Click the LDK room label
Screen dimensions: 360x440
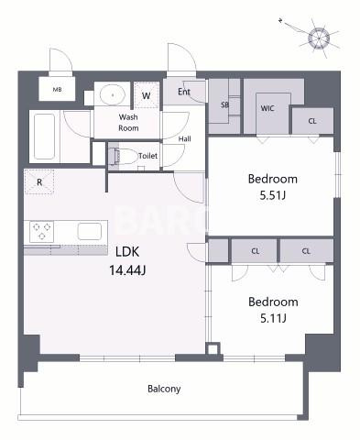(127, 252)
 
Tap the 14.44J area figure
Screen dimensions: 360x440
(127, 270)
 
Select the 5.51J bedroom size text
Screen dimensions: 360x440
(273, 195)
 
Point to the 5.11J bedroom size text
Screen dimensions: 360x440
(273, 319)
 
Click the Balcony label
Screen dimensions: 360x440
(164, 389)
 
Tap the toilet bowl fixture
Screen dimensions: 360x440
(125, 156)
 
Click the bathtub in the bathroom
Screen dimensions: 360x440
(45, 137)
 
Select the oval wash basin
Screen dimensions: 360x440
(113, 94)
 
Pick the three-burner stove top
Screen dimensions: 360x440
(42, 231)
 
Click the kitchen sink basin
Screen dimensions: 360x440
(90, 231)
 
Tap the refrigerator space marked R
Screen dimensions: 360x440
(39, 182)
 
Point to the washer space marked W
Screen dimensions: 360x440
(147, 95)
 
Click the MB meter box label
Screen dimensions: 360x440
(57, 90)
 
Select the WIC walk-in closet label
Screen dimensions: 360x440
(267, 108)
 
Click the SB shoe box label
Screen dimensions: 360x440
(224, 104)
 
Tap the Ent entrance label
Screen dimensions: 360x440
(184, 92)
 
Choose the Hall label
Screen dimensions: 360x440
(185, 138)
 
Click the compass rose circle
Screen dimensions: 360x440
(319, 38)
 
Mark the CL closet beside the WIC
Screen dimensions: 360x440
(312, 121)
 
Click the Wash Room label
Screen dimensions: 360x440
(128, 122)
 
